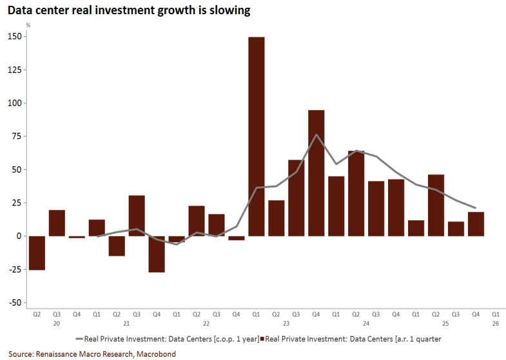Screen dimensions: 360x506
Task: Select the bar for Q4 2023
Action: click(316, 173)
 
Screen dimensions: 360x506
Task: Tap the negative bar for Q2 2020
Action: click(37, 253)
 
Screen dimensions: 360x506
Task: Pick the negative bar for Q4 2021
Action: click(157, 254)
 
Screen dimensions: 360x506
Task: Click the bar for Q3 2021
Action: click(137, 216)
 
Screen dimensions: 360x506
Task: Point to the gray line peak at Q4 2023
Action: click(316, 135)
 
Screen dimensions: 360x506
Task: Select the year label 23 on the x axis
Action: click(286, 324)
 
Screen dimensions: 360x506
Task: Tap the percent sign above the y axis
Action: click(28, 25)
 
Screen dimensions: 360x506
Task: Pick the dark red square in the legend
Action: click(262, 338)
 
